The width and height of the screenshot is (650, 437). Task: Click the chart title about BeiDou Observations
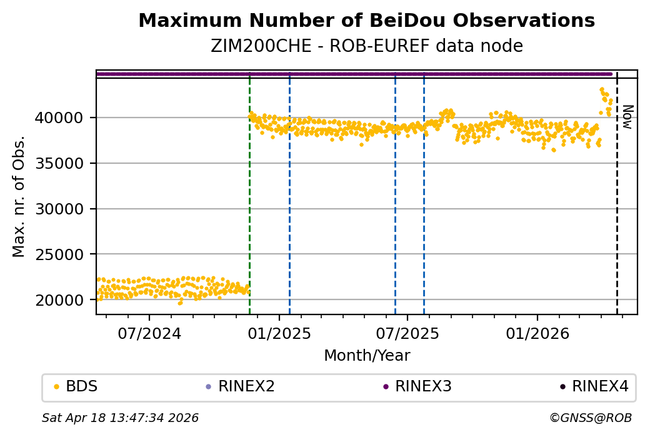366,21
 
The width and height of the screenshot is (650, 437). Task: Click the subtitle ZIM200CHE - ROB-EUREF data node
366,46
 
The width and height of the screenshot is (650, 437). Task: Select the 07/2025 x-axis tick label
407,333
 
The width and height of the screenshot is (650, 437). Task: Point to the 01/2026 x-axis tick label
537,333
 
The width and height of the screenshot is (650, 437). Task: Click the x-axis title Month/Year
367,356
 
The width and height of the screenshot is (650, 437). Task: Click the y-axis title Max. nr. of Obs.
19,196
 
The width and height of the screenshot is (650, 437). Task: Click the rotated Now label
627,117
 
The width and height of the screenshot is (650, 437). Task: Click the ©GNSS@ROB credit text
591,418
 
